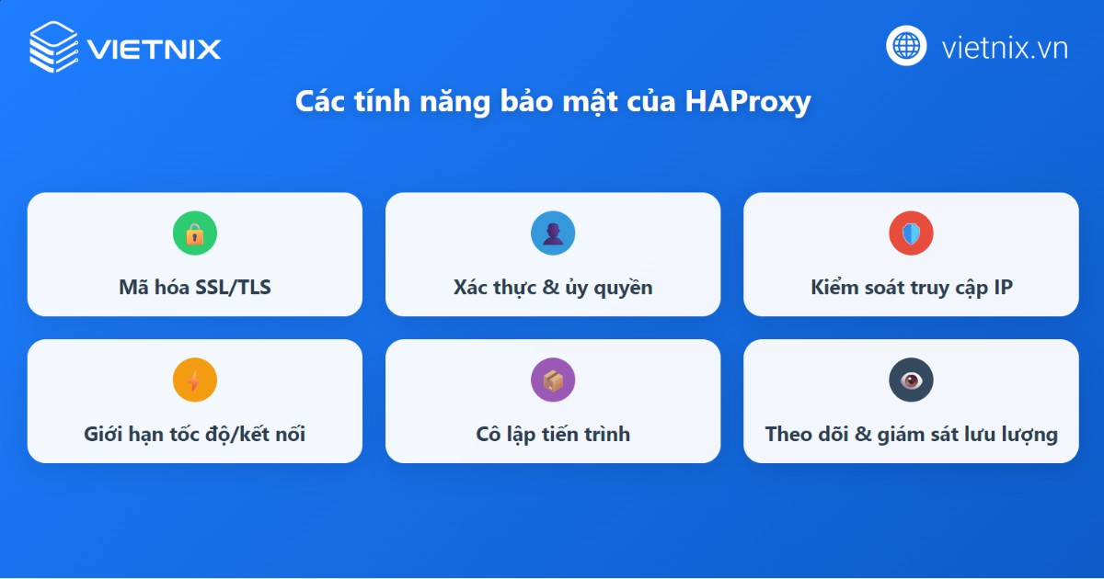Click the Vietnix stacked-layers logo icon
[x=54, y=46]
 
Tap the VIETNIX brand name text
[x=155, y=48]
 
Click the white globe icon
[x=906, y=46]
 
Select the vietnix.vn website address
[x=1005, y=48]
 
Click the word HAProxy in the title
[x=747, y=101]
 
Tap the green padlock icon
[x=194, y=233]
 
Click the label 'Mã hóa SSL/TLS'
[x=195, y=288]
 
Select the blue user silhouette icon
[x=553, y=233]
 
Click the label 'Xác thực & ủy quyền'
[x=553, y=288]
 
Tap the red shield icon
[x=911, y=233]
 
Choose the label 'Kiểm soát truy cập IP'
[x=911, y=288]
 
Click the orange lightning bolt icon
[x=194, y=380]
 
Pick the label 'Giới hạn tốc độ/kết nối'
[x=195, y=434]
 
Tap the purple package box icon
[x=553, y=380]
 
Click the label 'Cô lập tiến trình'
[x=553, y=434]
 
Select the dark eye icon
[x=911, y=380]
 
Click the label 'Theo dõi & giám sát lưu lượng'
[x=911, y=434]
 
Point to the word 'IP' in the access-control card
[x=1002, y=288]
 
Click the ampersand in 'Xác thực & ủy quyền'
[x=551, y=288]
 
